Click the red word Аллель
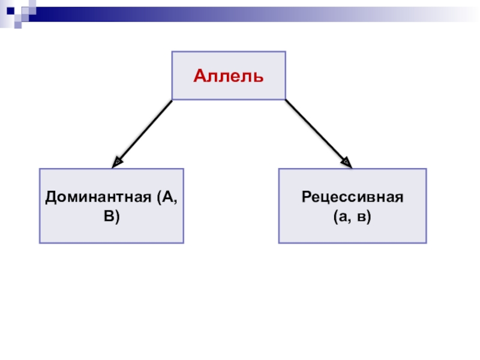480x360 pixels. tap(229, 76)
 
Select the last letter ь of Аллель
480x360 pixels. tap(259, 77)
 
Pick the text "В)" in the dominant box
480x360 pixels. tap(112, 217)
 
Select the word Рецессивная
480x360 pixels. tap(352, 198)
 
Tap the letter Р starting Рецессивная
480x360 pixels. tap(307, 198)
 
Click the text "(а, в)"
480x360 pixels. tap(352, 217)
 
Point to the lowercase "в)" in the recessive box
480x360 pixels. tap(364, 217)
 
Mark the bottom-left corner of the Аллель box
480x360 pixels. tap(173, 99)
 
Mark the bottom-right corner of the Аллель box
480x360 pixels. tap(285, 99)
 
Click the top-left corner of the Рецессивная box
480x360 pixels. tap(279, 169)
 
